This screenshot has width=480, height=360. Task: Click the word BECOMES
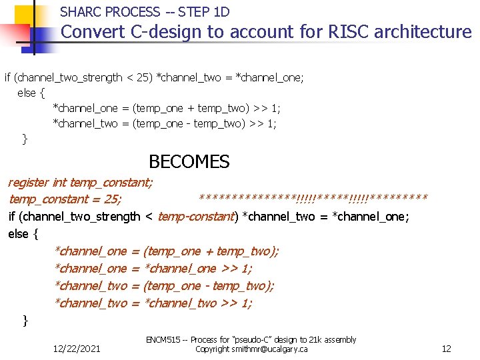point(189,162)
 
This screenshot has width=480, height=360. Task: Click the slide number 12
point(447,349)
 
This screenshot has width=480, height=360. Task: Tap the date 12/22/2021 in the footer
point(77,349)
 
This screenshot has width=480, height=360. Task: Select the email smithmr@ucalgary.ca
point(269,349)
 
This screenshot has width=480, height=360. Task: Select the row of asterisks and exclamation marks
point(313,199)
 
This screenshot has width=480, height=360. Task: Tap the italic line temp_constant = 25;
point(65,199)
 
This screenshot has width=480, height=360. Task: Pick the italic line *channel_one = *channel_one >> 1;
point(153,269)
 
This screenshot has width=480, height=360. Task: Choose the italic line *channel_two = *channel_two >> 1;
point(153,303)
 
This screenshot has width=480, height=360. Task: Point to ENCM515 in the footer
point(167,340)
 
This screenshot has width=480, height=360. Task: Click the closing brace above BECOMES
point(25,139)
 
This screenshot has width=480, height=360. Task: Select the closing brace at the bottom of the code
point(25,321)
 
